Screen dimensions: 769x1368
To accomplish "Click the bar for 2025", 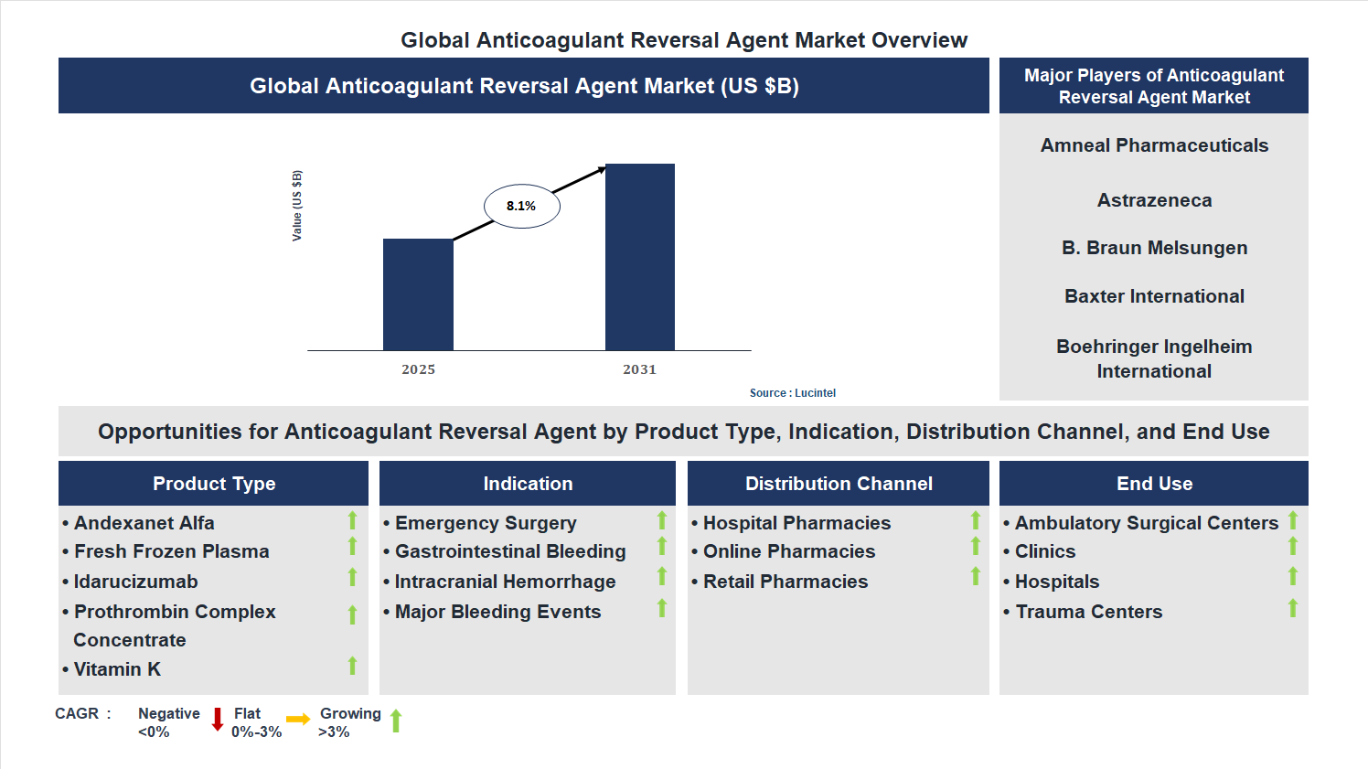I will pyautogui.click(x=418, y=294).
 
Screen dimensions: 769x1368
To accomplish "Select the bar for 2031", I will pyautogui.click(x=639, y=257).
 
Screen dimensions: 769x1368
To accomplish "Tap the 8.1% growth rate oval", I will pyautogui.click(x=521, y=206).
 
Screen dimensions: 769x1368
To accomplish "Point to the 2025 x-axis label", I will pyautogui.click(x=418, y=369).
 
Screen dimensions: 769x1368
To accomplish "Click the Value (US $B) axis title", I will pyautogui.click(x=296, y=206).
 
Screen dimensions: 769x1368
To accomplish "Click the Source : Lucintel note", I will pyautogui.click(x=792, y=393).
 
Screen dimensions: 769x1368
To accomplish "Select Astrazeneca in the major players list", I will pyautogui.click(x=1154, y=200).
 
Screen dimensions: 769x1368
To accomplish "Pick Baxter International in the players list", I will pyautogui.click(x=1154, y=296).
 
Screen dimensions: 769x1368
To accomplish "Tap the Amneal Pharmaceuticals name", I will pyautogui.click(x=1154, y=145).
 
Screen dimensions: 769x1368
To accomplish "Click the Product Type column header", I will pyautogui.click(x=214, y=484).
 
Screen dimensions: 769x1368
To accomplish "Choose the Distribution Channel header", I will pyautogui.click(x=839, y=484).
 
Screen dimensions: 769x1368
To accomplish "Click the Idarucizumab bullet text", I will pyautogui.click(x=135, y=582).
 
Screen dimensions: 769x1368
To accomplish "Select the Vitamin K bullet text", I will pyautogui.click(x=117, y=669).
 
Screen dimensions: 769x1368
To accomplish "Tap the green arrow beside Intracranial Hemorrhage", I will pyautogui.click(x=662, y=576).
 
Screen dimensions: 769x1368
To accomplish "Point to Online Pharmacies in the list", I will pyautogui.click(x=789, y=551).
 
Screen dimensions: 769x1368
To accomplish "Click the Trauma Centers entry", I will pyautogui.click(x=1088, y=612).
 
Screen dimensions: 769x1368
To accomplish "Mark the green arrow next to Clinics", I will pyautogui.click(x=1293, y=546).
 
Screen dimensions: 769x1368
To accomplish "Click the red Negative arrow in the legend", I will pyautogui.click(x=218, y=720).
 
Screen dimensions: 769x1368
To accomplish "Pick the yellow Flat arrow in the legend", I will pyautogui.click(x=298, y=720).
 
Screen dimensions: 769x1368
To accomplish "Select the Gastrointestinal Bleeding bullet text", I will pyautogui.click(x=510, y=551).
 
